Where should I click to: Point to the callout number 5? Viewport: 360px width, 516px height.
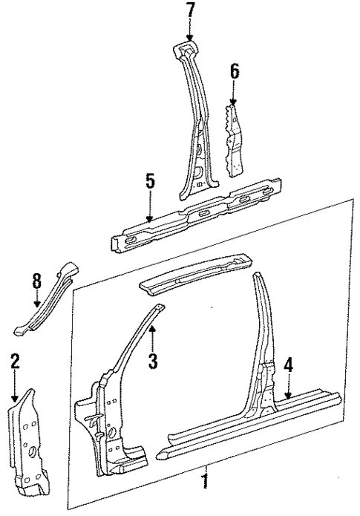pyautogui.click(x=150, y=180)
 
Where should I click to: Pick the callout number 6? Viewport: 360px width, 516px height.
pyautogui.click(x=234, y=72)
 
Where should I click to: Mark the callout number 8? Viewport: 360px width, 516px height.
pyautogui.click(x=37, y=282)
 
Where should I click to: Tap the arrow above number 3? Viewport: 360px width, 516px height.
pyautogui.click(x=151, y=339)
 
